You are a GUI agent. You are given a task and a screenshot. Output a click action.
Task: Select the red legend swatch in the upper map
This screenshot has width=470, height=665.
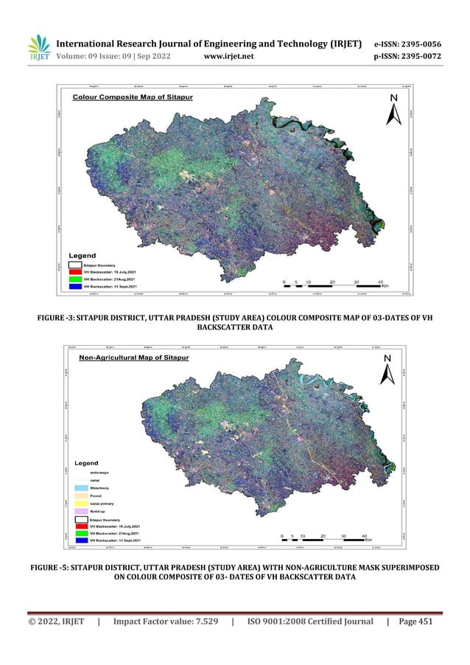[x=75, y=271]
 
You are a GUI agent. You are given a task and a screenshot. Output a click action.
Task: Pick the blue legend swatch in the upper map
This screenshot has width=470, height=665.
[x=75, y=287]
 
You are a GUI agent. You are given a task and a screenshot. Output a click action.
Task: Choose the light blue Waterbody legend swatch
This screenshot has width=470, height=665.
[x=82, y=487]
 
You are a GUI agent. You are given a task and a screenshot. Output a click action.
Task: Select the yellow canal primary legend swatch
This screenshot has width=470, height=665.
[x=82, y=503]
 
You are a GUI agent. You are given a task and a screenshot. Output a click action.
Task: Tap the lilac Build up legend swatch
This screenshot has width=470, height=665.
[x=82, y=510]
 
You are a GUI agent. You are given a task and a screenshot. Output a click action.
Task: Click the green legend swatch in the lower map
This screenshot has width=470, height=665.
[x=82, y=533]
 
